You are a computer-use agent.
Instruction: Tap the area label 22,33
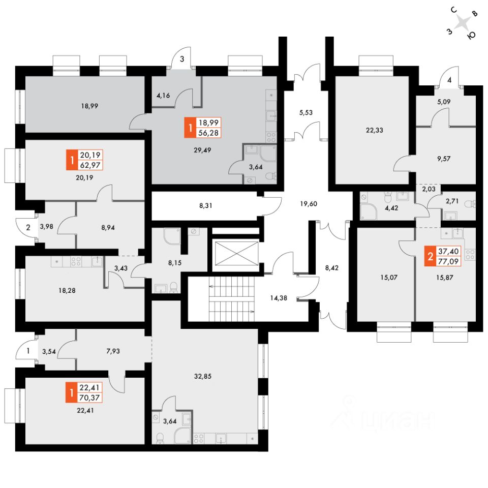374,130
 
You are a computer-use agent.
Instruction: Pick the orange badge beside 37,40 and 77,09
430,256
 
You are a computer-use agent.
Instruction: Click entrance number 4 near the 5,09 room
449,80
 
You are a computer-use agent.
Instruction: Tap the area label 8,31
206,206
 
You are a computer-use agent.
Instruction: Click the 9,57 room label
443,159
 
